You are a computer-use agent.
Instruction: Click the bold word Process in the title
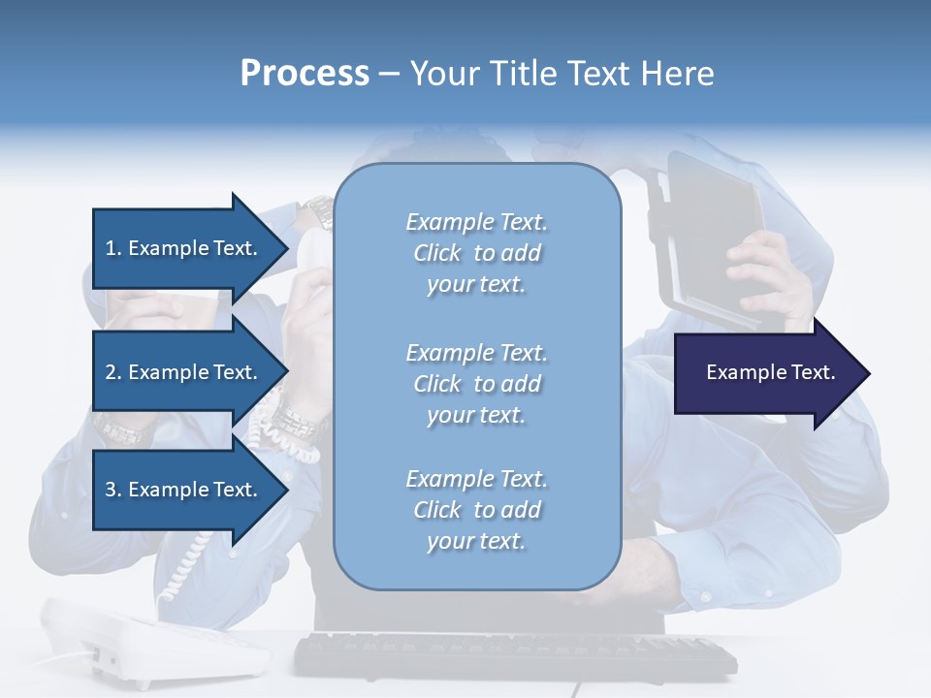tap(305, 74)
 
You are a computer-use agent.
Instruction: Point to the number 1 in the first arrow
tap(111, 248)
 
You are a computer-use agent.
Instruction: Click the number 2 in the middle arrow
tap(111, 372)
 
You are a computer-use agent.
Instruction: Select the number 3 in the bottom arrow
tap(111, 490)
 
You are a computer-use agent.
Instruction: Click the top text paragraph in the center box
tap(476, 253)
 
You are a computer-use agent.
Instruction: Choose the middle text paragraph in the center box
tap(476, 384)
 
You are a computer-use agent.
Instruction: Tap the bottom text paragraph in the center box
tap(476, 510)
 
